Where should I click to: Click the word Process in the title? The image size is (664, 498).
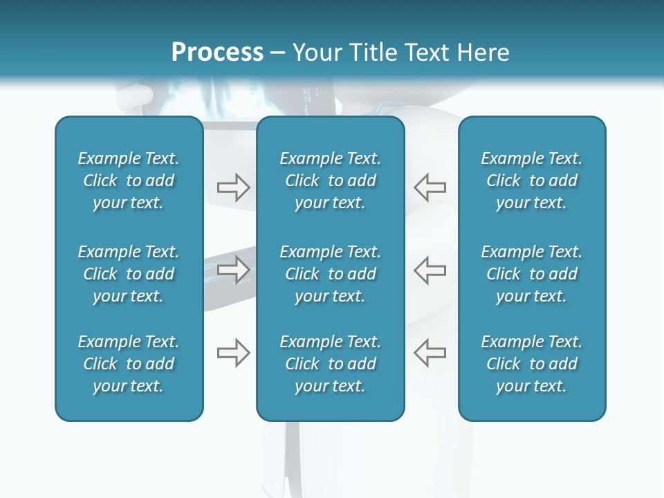pos(217,53)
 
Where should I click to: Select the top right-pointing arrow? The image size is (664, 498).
pos(233,187)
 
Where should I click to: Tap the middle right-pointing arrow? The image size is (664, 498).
pos(233,270)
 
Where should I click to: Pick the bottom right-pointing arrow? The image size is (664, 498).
pos(233,353)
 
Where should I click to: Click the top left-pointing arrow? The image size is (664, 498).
pos(430,187)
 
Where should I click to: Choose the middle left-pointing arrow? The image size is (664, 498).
pos(430,270)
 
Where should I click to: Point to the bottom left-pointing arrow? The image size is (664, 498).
pos(430,353)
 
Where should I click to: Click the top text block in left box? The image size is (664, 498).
pos(129,181)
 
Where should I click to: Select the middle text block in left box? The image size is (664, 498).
pos(129,274)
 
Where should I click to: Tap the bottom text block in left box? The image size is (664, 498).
pos(129,364)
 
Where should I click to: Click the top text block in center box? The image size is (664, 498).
pos(331,181)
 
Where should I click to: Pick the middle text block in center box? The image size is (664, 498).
pos(331,274)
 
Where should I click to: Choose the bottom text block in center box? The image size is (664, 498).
pos(331,364)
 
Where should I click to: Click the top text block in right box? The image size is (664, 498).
pos(532,181)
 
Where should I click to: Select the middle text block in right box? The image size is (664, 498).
pos(532,274)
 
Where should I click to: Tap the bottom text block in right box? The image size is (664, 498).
pos(532,364)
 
